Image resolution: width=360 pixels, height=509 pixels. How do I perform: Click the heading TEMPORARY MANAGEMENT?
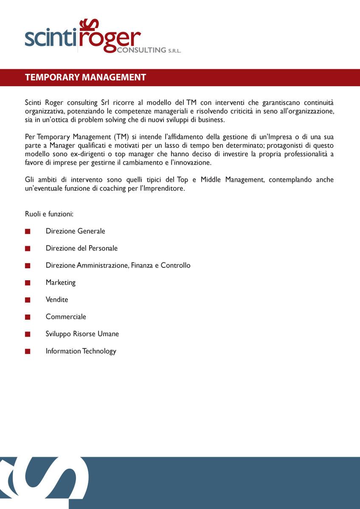(85, 77)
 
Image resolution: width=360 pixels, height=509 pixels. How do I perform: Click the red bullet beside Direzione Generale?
(28, 231)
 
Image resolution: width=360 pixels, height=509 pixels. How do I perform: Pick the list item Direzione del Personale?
(82, 248)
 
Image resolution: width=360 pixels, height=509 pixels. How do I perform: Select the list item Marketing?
(60, 282)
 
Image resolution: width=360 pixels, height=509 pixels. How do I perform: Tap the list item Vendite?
(57, 299)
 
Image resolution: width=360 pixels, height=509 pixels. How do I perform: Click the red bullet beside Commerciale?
(28, 317)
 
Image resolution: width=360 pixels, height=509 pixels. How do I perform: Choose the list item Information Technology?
(81, 351)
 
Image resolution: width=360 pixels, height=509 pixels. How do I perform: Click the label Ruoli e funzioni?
(49, 214)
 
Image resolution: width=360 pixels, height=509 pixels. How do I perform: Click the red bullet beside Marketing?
(28, 282)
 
